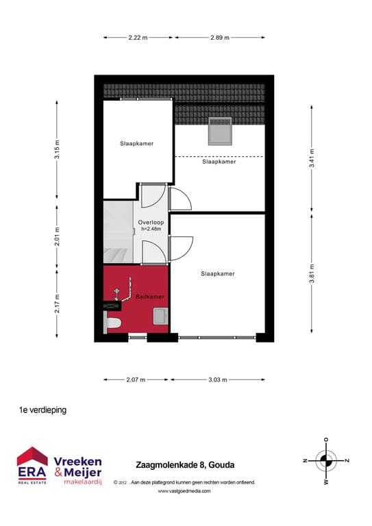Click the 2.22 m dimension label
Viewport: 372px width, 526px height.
138,38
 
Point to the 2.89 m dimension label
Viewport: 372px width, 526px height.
220,38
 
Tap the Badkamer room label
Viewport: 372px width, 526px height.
149,297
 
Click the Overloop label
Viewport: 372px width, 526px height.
149,223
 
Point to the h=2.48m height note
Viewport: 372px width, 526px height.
149,229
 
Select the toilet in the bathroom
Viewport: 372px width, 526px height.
113,323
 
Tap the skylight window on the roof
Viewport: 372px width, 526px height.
221,129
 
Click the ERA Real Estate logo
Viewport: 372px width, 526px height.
32,466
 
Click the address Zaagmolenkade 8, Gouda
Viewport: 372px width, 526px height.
185,466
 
